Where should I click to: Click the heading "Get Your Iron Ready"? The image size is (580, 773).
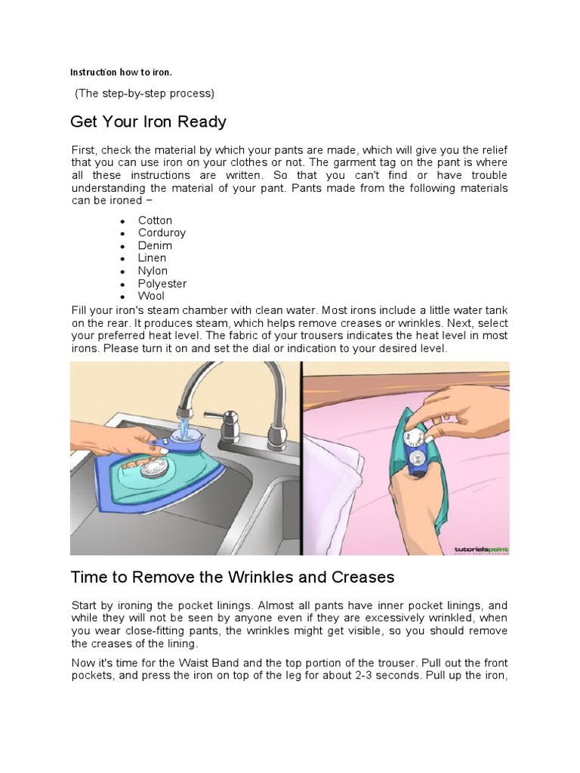pyautogui.click(x=148, y=122)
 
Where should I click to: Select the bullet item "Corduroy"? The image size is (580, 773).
pyautogui.click(x=162, y=233)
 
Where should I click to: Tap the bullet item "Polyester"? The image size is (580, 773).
pyautogui.click(x=162, y=284)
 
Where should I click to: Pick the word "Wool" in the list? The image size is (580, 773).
pyautogui.click(x=150, y=296)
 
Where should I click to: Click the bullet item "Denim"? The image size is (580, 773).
pyautogui.click(x=155, y=245)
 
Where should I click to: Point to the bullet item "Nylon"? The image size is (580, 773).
pyautogui.click(x=153, y=271)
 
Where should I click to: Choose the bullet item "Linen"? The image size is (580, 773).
pyautogui.click(x=152, y=258)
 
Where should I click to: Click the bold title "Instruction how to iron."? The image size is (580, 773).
pyautogui.click(x=122, y=72)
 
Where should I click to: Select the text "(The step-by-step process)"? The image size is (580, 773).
pyautogui.click(x=144, y=94)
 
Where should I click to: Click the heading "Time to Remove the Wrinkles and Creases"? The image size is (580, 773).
pyautogui.click(x=233, y=577)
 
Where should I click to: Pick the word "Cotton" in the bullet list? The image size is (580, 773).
pyautogui.click(x=155, y=220)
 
